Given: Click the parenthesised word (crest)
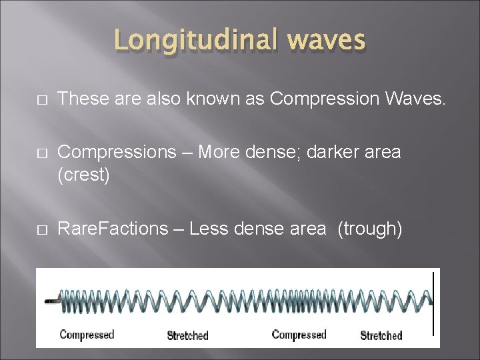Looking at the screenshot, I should pos(83,177).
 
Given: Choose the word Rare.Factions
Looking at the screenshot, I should pos(113,229).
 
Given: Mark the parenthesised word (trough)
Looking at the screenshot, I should pos(370,229).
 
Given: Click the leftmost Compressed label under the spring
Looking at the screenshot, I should pos(87,335).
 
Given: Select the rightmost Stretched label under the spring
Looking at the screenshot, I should pos(381,335).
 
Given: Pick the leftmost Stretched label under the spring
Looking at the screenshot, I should pos(187,335).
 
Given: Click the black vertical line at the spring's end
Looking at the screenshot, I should pos(434,303).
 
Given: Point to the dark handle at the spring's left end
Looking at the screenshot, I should pos(51,301).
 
